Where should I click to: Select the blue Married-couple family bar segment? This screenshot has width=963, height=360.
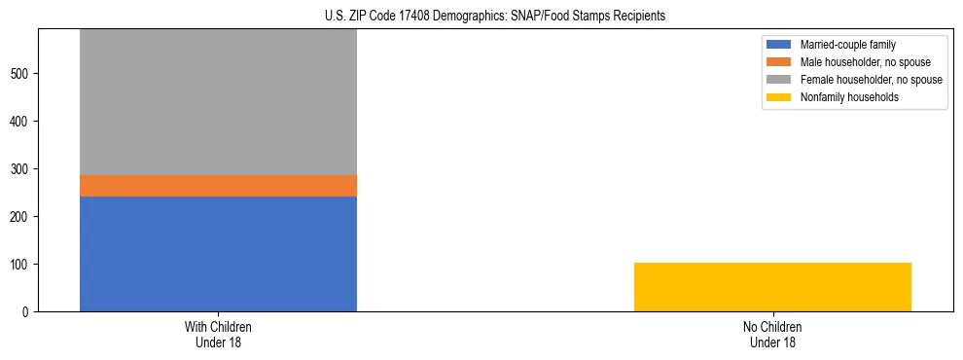(218, 254)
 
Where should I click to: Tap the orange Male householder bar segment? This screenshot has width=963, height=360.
(218, 186)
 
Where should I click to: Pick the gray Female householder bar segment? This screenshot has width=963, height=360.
(218, 102)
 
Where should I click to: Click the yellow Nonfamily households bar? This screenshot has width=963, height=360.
(772, 287)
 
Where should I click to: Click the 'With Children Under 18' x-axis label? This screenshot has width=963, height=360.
(218, 334)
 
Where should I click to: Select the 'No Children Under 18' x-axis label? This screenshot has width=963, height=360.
(772, 334)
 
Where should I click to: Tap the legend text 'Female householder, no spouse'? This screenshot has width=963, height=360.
(871, 80)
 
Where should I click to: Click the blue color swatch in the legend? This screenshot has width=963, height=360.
(779, 45)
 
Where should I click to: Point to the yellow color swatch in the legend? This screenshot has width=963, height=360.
(779, 97)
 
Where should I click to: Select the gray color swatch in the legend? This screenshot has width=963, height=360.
(779, 80)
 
